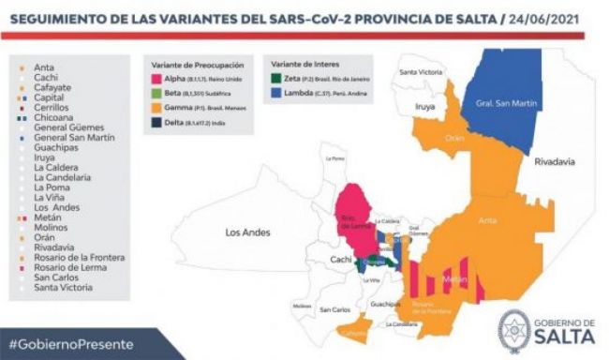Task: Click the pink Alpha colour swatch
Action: [156, 82]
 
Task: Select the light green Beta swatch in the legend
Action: [156, 95]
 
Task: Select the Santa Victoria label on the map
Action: [421, 72]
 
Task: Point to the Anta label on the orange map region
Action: [488, 220]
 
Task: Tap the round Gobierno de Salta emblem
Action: [514, 330]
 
